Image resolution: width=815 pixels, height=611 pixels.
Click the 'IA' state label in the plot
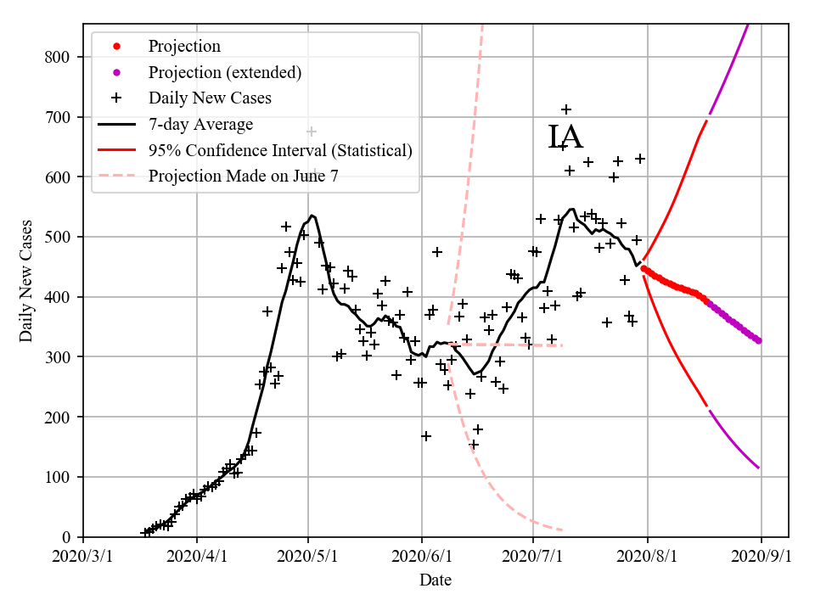[565, 137]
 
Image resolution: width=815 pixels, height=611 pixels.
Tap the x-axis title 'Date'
[435, 580]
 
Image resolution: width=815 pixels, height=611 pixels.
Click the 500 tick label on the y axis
[58, 237]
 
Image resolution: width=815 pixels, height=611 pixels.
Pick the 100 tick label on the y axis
[58, 477]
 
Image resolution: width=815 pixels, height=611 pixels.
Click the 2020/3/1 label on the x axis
[83, 557]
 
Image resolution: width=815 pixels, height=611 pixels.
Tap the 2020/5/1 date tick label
[308, 557]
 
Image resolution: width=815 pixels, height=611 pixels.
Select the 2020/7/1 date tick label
[533, 557]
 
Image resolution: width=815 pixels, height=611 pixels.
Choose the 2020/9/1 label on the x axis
[762, 557]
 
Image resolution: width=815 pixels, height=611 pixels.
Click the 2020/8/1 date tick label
[648, 557]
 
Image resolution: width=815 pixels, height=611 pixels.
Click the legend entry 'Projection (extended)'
[224, 72]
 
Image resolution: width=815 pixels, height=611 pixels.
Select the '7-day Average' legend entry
[200, 125]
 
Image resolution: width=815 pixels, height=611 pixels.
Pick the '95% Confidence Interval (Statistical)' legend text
[280, 151]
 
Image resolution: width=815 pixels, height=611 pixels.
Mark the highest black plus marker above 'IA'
[566, 109]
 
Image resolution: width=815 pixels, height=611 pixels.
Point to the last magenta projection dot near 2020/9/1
[758, 340]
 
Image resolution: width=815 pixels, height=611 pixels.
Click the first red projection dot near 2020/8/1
[644, 268]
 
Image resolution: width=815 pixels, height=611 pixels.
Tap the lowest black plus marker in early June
[426, 436]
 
